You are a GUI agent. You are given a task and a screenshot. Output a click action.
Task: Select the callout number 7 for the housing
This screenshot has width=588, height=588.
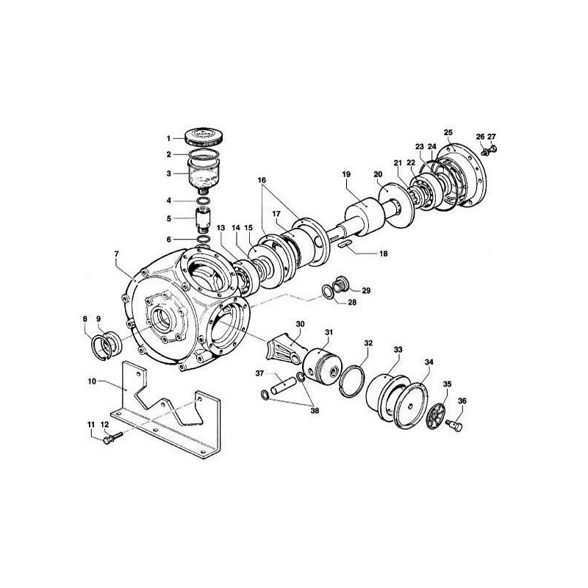115,254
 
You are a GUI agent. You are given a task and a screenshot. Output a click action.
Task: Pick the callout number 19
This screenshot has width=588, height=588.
345,174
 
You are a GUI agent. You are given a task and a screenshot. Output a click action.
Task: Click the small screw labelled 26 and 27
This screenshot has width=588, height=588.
486,151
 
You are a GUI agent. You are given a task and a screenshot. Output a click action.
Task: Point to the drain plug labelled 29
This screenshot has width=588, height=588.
342,283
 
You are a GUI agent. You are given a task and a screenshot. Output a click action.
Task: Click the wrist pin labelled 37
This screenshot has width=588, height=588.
283,381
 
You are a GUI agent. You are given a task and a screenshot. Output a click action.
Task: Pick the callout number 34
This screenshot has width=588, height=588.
429,361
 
